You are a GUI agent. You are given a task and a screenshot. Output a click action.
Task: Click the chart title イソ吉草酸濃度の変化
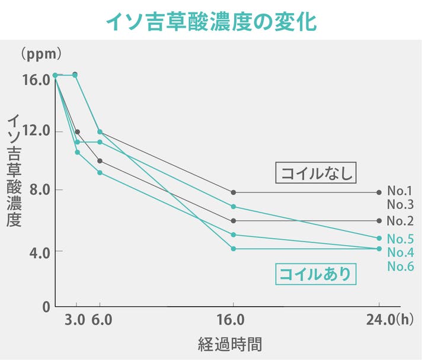pos(211,21)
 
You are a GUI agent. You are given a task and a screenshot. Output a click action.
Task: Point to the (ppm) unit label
pos(41,54)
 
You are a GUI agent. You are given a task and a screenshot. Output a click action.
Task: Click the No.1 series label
pos(399,191)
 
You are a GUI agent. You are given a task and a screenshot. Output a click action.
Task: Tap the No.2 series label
pos(399,221)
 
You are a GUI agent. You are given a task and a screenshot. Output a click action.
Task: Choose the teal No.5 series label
pos(399,239)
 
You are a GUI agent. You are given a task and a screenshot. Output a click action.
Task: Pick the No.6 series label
pos(399,266)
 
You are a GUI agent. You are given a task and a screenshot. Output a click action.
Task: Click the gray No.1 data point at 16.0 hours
pos(234,192)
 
